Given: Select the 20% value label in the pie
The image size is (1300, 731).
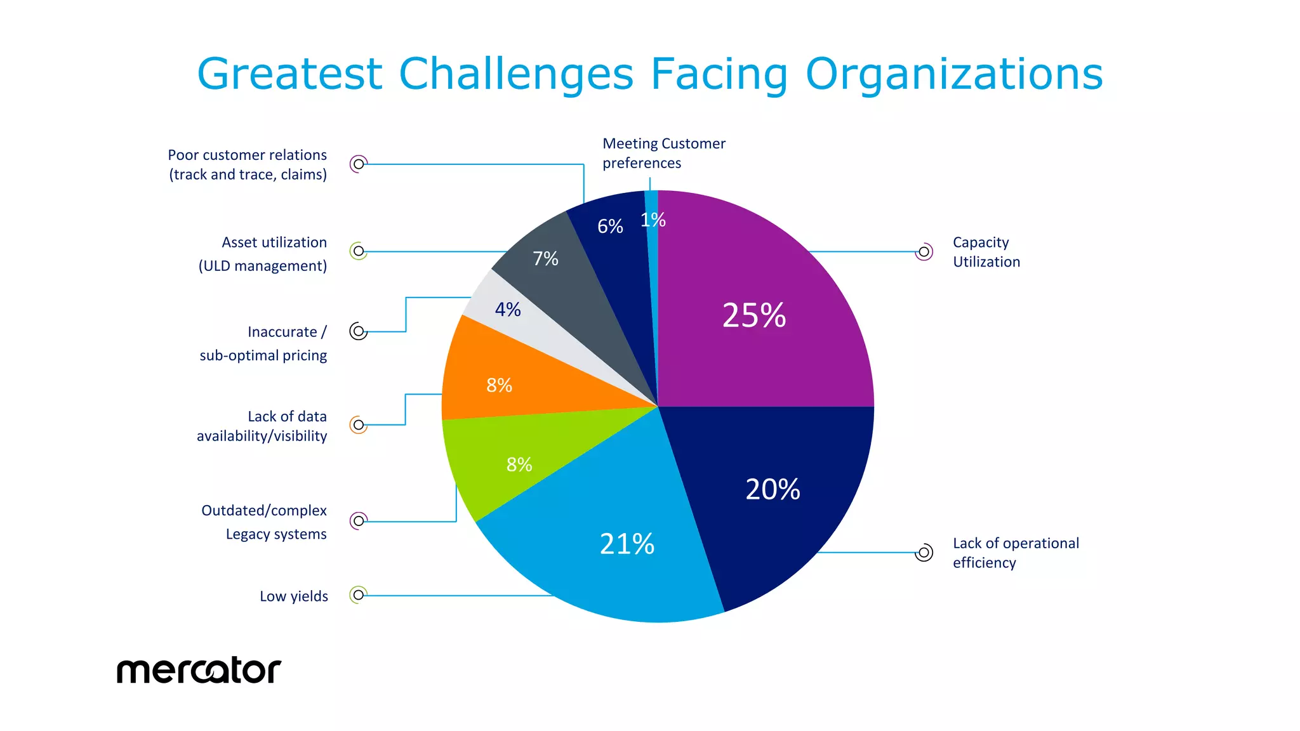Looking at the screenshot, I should click(773, 489).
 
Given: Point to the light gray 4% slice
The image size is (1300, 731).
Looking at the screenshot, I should click(508, 310).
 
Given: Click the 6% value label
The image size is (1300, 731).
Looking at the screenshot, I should click(610, 226).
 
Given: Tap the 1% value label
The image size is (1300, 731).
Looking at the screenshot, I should click(653, 220).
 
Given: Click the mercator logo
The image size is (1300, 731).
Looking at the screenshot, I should click(199, 670).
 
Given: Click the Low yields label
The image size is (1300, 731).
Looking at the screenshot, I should click(294, 596).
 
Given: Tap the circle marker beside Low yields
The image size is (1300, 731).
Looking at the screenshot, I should click(359, 595).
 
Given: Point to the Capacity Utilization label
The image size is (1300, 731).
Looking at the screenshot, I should click(986, 252).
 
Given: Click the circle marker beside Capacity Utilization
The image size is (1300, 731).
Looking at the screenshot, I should click(924, 252).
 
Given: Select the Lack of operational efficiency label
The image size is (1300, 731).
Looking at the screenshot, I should click(1015, 553).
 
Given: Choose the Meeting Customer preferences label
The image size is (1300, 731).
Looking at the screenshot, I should click(663, 153).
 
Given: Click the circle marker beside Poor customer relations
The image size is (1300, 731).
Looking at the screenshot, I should click(359, 164).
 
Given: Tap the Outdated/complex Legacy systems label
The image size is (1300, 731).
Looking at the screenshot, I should click(264, 522).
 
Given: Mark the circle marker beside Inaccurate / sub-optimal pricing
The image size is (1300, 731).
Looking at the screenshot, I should click(359, 331).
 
